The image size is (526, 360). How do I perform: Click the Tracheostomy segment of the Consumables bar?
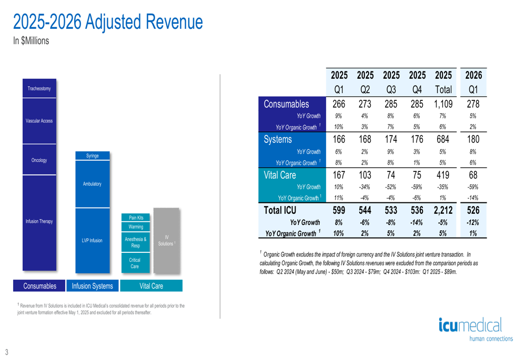pos(39,88)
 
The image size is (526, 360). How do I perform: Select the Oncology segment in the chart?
pos(39,160)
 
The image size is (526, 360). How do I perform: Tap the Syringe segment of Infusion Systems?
pos(92,156)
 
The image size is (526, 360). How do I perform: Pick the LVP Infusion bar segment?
pos(92,240)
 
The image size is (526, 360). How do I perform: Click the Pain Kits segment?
pos(136,218)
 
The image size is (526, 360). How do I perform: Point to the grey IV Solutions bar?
pos(166,240)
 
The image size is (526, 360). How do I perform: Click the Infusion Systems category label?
pos(92,286)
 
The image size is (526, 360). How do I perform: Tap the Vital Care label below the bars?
pos(151,286)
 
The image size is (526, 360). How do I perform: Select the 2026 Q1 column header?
pos(473,82)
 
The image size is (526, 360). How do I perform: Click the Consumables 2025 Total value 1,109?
pos(443,104)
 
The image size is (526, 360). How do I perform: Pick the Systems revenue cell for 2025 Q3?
pos(391,139)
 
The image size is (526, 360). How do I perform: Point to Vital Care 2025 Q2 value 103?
pos(365,175)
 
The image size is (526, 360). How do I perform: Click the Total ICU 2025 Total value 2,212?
pos(443,210)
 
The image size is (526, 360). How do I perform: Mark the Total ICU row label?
pos(280,210)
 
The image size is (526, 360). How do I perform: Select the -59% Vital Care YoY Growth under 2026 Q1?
pos(473,187)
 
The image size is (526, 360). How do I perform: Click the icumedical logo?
pos(476,329)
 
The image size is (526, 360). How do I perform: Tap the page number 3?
pos(7,352)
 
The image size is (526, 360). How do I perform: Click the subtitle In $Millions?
pos(31,41)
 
